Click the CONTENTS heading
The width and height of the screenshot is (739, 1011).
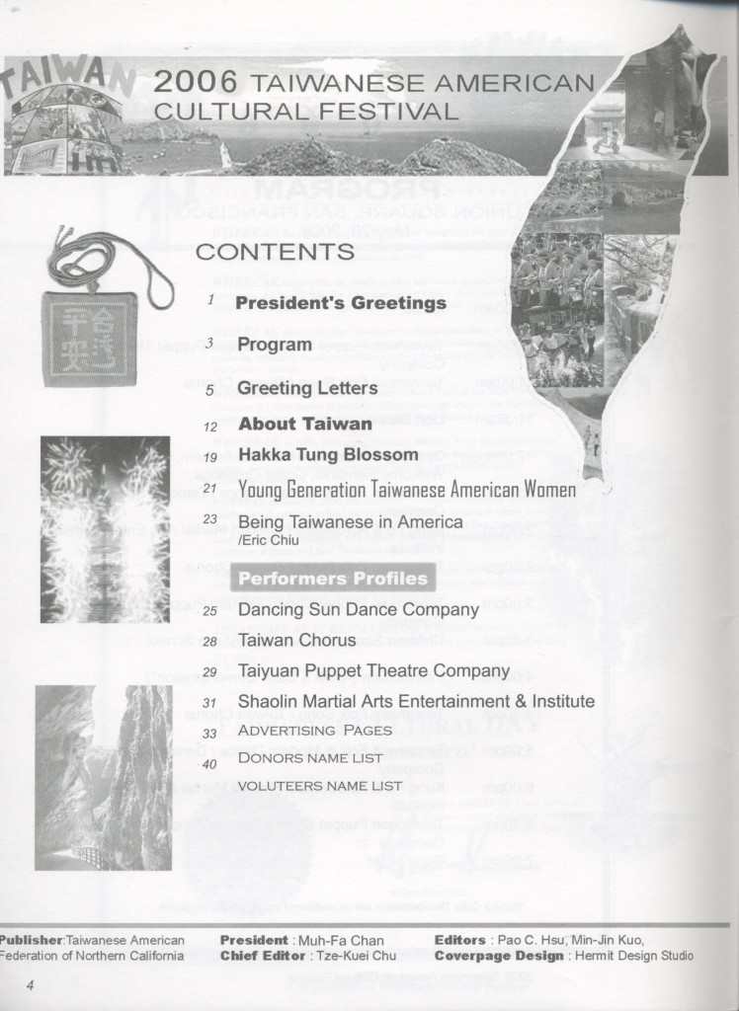[x=275, y=252]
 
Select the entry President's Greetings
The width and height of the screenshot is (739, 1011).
[x=341, y=303]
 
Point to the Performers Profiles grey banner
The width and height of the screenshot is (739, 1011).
[x=334, y=579]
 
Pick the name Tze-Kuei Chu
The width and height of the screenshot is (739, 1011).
[x=352, y=956]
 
